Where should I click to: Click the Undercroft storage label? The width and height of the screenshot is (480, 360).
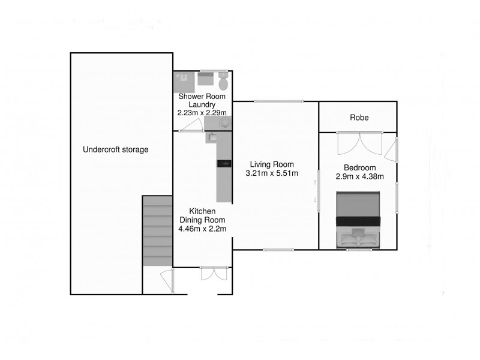point(115,149)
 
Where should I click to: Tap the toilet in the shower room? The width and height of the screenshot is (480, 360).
point(223,80)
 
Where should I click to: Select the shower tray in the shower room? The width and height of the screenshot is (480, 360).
point(182,80)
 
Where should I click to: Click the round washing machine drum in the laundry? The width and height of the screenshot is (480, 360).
point(224,123)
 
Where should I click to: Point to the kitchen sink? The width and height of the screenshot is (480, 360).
point(213,137)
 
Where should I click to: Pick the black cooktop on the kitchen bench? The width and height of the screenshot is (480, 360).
point(223,163)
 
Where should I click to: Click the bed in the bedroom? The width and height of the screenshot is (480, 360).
point(359,219)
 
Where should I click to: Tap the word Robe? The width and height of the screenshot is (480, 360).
point(359,118)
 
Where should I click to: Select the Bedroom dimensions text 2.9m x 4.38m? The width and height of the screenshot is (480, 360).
point(359,176)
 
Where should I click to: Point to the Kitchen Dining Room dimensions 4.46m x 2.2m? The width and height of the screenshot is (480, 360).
point(202,229)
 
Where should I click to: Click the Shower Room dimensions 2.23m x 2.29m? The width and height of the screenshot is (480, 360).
point(202,112)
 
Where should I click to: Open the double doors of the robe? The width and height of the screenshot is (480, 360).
point(358,143)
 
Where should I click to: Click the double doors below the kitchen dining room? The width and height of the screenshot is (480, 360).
point(214,273)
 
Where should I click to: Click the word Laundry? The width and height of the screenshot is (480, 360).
point(202,104)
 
